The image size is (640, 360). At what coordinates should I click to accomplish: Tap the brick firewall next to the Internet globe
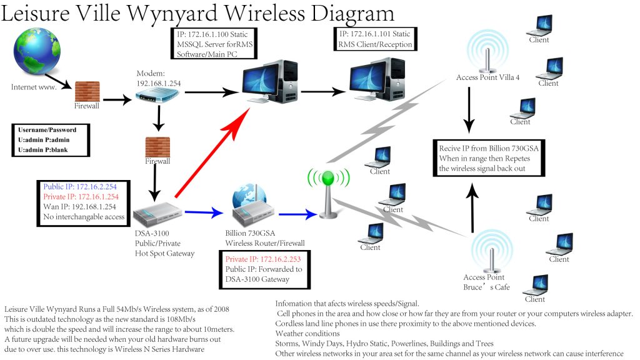[x=87, y=92]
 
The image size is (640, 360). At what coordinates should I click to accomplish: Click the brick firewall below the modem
[x=157, y=147]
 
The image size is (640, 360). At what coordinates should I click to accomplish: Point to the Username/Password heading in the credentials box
[x=47, y=130]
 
